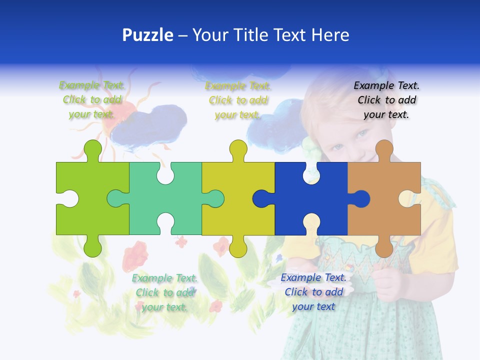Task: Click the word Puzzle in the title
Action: pos(148,35)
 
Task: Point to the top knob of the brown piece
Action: pos(384,149)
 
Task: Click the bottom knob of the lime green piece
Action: pos(92,247)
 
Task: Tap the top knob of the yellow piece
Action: pos(238,149)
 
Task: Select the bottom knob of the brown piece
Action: pos(384,247)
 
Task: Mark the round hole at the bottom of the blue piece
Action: pos(311,221)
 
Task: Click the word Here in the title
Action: pos(330,35)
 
